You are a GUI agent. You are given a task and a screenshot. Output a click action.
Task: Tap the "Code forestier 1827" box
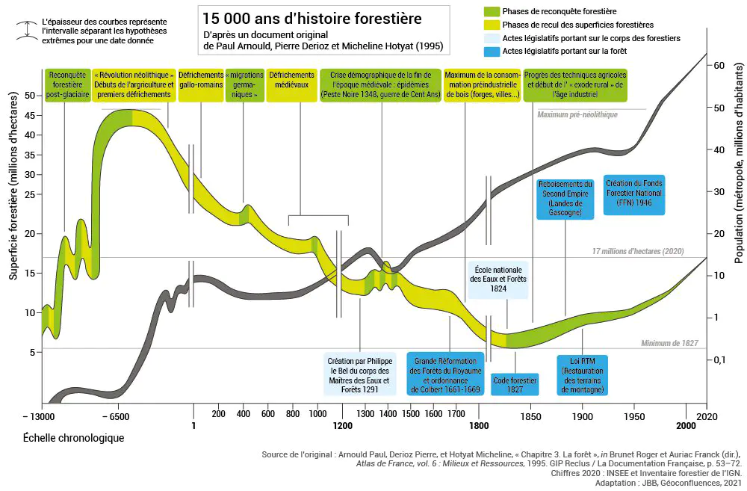(x=515, y=385)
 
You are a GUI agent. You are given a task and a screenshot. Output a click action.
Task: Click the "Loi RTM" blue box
(x=583, y=375)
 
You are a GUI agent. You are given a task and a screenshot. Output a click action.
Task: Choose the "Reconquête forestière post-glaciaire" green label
(x=65, y=85)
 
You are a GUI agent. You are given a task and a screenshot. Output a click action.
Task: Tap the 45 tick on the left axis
(x=31, y=115)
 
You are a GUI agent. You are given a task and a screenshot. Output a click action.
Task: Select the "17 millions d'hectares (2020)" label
(x=637, y=251)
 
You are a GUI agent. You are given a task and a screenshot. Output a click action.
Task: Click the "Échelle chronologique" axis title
(x=73, y=437)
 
